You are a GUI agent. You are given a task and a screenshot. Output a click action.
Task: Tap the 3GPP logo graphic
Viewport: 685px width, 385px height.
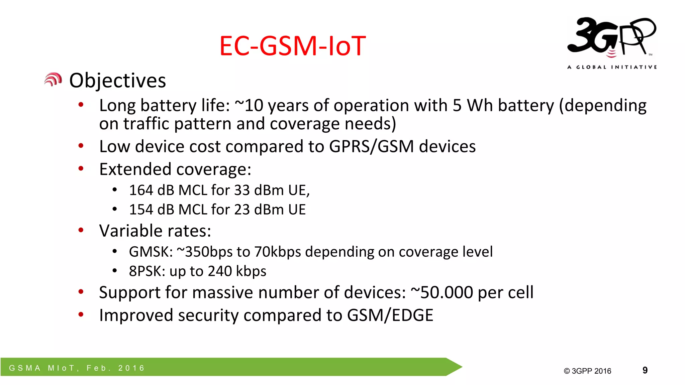pyautogui.click(x=611, y=37)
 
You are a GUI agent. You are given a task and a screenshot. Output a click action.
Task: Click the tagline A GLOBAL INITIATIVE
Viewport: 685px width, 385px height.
pyautogui.click(x=612, y=67)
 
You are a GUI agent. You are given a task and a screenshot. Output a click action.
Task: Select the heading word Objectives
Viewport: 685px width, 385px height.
pyautogui.click(x=117, y=81)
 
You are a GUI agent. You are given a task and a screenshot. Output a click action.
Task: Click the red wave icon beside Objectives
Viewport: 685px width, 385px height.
pyautogui.click(x=53, y=80)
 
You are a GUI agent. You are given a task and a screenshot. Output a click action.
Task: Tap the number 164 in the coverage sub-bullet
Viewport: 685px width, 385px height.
pyautogui.click(x=141, y=190)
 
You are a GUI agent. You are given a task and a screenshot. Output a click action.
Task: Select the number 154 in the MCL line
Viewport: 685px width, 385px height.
pyautogui.click(x=141, y=210)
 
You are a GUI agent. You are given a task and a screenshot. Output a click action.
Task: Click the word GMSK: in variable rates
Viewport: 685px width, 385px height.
pyautogui.click(x=151, y=252)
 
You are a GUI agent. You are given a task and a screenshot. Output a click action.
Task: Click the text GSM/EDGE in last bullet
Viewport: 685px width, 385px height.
pyautogui.click(x=390, y=315)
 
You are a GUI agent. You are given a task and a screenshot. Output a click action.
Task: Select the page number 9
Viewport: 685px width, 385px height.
pyautogui.click(x=645, y=370)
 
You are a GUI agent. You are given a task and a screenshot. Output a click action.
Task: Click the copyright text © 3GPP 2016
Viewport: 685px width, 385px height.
pyautogui.click(x=587, y=371)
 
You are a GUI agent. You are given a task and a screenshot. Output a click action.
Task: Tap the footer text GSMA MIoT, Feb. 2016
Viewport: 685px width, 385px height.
pyautogui.click(x=77, y=368)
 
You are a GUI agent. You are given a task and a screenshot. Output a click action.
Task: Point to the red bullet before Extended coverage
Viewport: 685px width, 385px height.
pyautogui.click(x=81, y=168)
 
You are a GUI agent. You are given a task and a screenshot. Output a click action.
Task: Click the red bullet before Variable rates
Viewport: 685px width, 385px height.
pyautogui.click(x=81, y=230)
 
